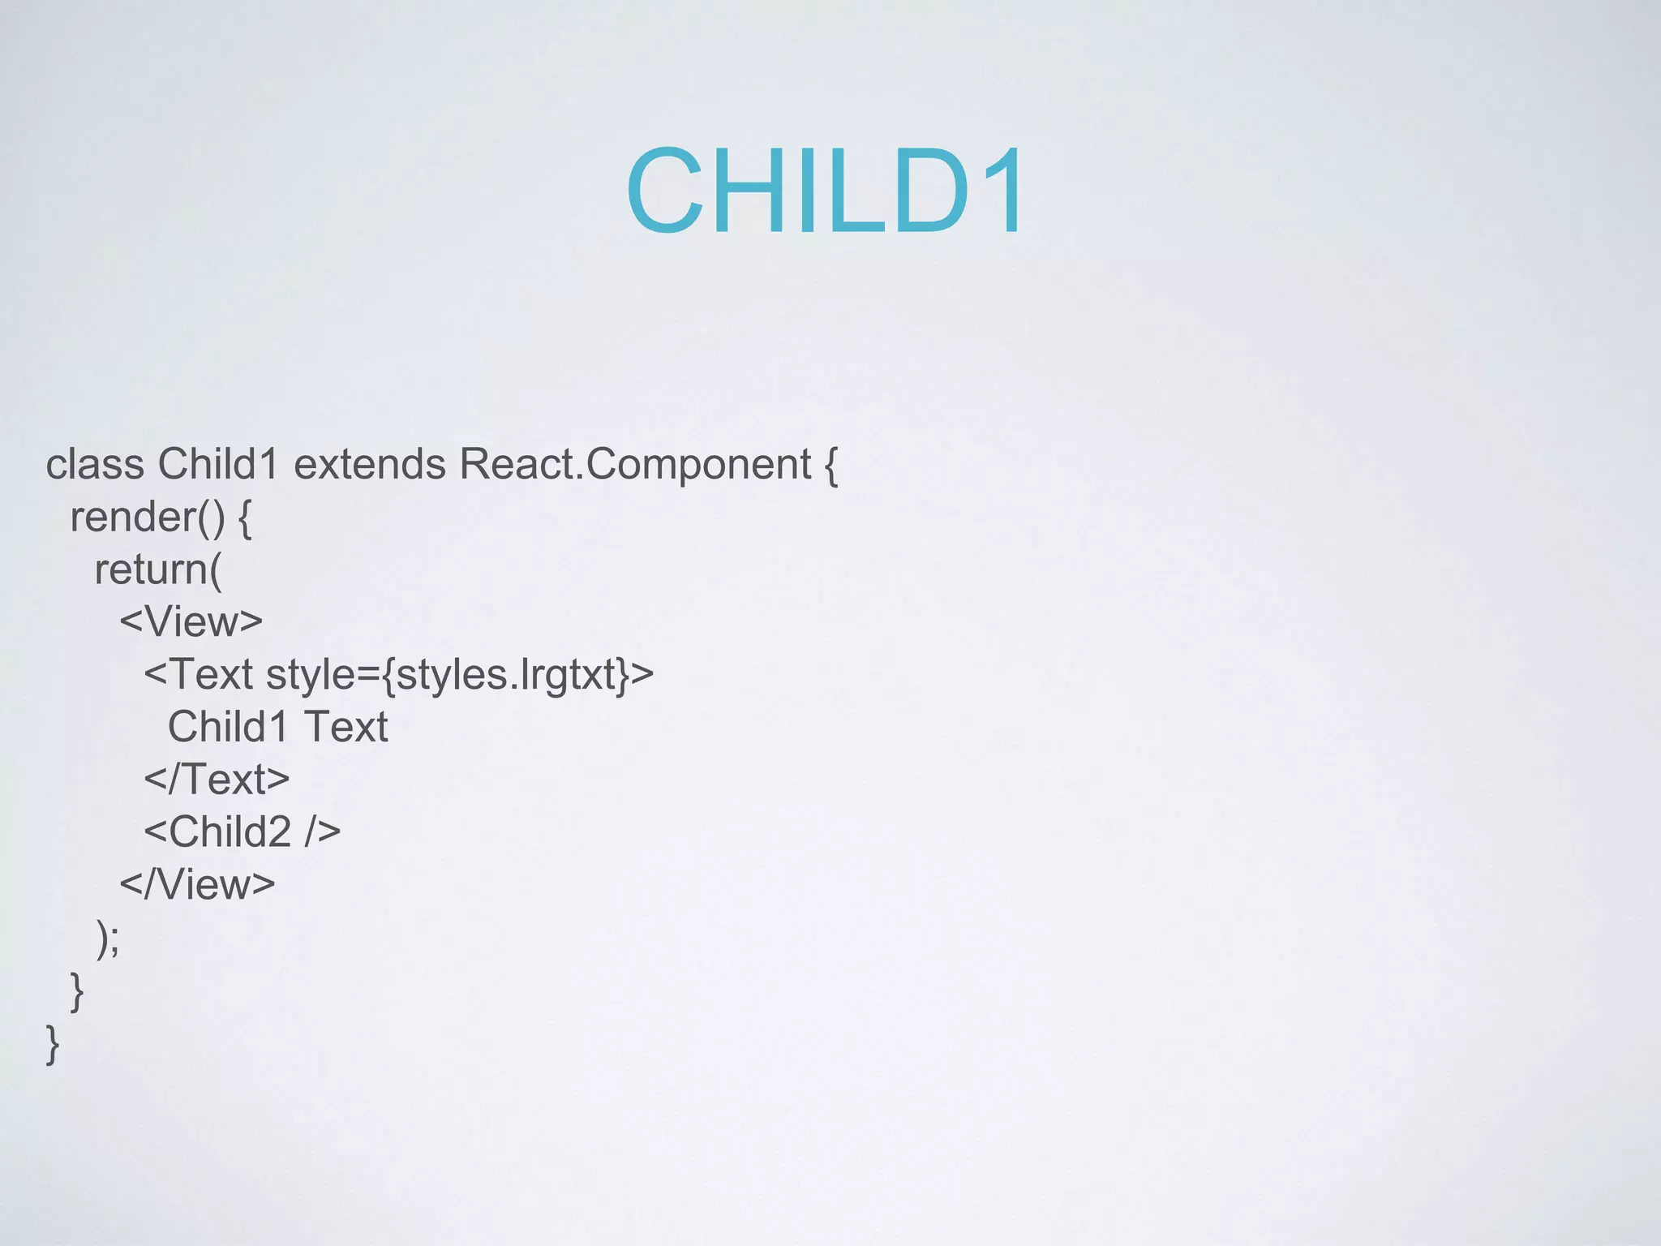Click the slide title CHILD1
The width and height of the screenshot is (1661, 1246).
[x=826, y=193]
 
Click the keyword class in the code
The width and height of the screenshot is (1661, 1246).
[x=95, y=465]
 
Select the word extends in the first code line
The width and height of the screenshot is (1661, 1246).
[x=369, y=465]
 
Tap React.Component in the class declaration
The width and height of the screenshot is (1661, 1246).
[x=635, y=465]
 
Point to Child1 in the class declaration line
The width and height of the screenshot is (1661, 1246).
[x=218, y=465]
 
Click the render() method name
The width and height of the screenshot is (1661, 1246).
[x=147, y=518]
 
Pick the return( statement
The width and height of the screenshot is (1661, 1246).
[x=157, y=569]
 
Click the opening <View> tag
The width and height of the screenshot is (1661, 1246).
[x=191, y=622]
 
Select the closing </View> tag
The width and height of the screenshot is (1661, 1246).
[x=197, y=884]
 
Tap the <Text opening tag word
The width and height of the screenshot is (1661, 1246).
[x=199, y=675]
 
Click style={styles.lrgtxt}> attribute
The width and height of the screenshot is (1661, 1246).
[x=460, y=675]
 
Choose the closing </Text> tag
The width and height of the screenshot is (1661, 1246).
[x=217, y=780]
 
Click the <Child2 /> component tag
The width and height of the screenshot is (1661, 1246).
[x=242, y=832]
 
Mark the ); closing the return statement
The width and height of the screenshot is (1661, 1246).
[x=108, y=939]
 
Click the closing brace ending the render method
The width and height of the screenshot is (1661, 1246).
[x=77, y=991]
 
